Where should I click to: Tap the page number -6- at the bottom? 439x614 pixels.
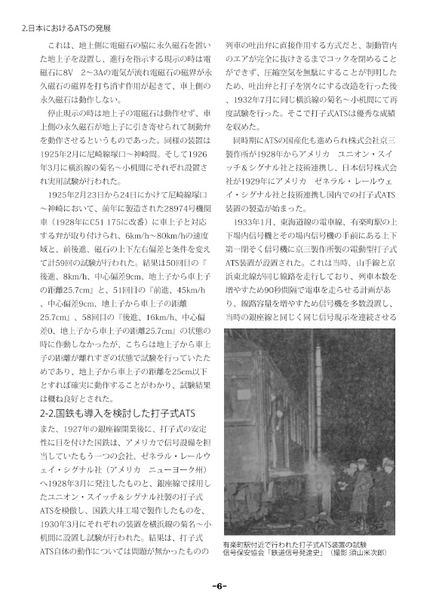tap(219, 587)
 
